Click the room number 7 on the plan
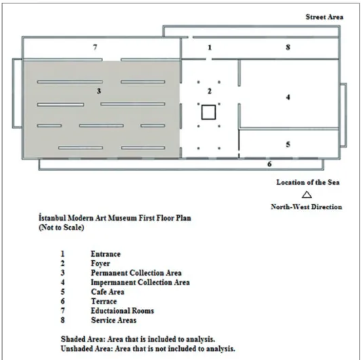point(95,48)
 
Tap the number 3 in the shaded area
point(99,91)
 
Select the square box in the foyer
point(208,112)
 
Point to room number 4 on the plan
point(288,97)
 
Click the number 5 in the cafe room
point(288,144)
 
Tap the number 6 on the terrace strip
point(269,164)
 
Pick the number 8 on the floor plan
point(288,48)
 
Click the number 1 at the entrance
point(210,48)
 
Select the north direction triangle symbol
point(307,195)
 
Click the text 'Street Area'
point(324,17)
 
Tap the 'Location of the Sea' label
point(308,182)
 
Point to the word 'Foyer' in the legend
point(100,264)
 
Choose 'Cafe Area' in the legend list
point(107,292)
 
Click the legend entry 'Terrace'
point(104,301)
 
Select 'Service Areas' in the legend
point(113,320)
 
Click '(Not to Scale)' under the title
point(61,228)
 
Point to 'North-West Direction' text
point(306,206)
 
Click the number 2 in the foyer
point(209,91)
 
